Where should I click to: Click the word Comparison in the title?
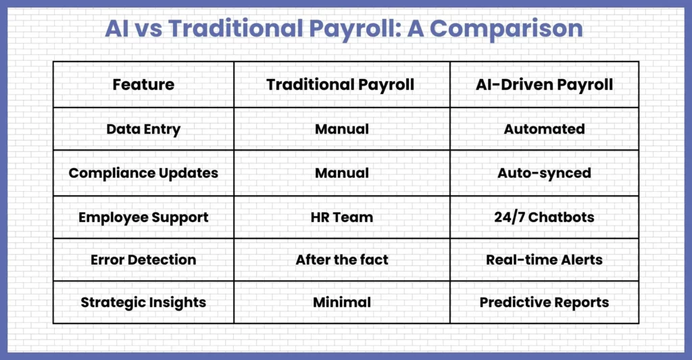(505, 29)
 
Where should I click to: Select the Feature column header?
(143, 84)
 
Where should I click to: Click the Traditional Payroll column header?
(341, 85)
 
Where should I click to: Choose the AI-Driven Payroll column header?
(544, 85)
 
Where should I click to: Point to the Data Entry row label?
(143, 129)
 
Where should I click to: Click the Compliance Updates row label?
(143, 174)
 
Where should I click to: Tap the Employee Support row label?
(143, 217)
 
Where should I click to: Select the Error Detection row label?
(143, 260)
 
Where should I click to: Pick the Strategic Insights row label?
(143, 303)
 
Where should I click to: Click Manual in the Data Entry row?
(342, 129)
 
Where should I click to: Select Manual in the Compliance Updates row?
(342, 173)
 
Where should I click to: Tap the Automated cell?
(544, 129)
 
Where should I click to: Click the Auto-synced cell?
(544, 174)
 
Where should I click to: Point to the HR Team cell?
(342, 217)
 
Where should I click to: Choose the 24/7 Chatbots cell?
(544, 217)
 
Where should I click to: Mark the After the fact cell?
(342, 260)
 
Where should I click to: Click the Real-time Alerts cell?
(544, 260)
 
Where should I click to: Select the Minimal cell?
(342, 303)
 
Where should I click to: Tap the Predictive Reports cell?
(544, 303)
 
